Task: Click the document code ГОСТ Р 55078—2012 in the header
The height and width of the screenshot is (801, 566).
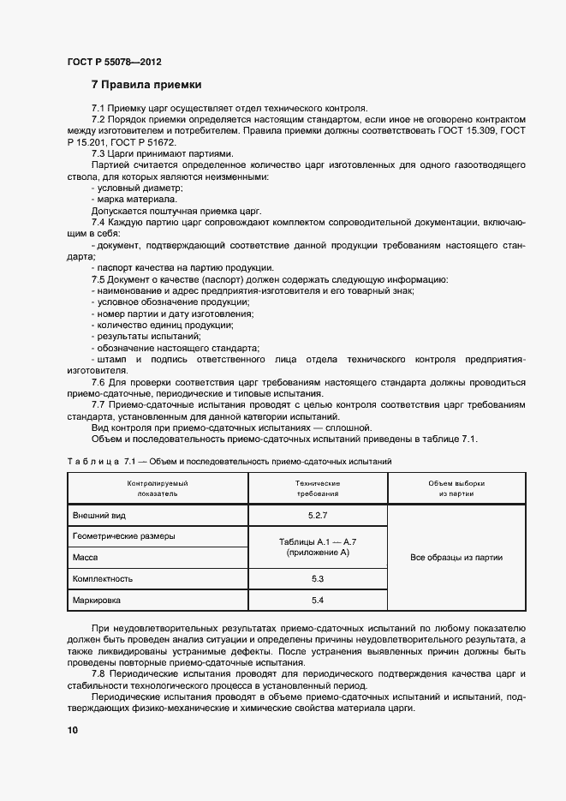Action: click(114, 63)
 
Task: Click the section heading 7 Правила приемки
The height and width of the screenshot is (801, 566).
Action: click(146, 85)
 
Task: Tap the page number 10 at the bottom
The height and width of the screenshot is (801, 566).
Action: click(73, 730)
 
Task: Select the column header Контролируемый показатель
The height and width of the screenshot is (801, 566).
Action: click(158, 488)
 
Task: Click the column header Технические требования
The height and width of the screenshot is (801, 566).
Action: click(318, 488)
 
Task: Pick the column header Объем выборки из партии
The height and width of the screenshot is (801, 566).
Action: click(456, 488)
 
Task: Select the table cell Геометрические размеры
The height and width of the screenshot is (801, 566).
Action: click(125, 536)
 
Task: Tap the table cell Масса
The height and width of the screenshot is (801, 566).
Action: click(86, 557)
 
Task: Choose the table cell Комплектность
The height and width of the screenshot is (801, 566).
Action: click(104, 579)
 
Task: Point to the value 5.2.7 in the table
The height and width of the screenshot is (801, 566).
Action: click(318, 515)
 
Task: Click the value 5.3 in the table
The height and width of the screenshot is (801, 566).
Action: click(318, 579)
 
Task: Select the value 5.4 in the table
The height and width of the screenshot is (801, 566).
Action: click(318, 601)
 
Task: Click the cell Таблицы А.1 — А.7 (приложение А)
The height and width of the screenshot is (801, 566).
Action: click(318, 547)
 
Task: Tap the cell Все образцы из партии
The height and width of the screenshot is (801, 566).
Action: click(456, 558)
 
